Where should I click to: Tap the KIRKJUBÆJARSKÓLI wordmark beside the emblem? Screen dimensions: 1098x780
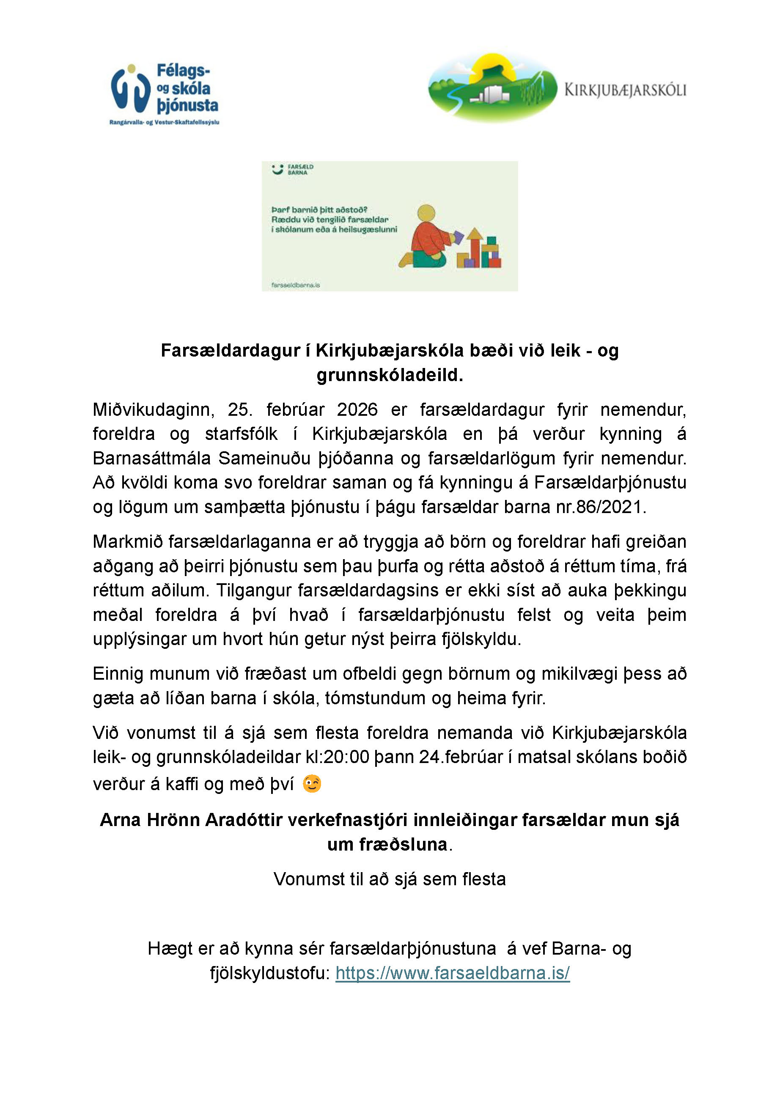click(x=625, y=90)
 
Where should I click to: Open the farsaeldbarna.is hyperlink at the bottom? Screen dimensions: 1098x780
click(x=453, y=973)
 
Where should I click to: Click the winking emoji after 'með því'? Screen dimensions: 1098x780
click(x=312, y=784)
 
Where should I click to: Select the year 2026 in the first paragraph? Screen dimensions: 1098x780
click(x=357, y=410)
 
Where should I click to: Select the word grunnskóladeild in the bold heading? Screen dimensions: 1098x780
click(x=389, y=375)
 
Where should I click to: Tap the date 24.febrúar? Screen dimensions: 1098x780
click(x=465, y=757)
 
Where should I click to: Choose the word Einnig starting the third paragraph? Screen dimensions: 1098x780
click(x=118, y=673)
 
